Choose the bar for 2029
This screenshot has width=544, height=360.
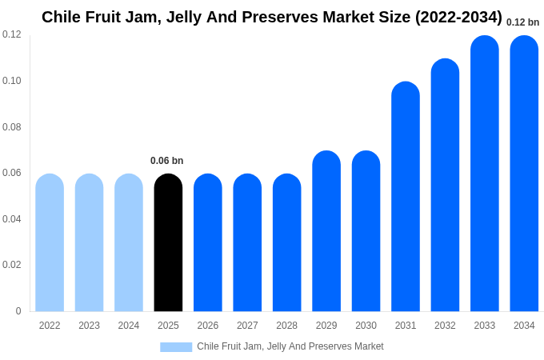326,231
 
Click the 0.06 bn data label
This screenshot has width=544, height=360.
167,161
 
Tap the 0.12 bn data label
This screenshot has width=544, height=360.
523,22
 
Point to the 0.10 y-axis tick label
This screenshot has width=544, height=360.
12,81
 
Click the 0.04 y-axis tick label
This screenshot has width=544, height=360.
12,219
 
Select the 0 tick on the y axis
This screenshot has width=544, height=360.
18,311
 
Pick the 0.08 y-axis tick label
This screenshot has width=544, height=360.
12,127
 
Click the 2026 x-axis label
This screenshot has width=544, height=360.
208,326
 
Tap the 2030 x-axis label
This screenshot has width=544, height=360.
366,326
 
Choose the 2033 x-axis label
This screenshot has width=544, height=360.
485,326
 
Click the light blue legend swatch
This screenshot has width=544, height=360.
176,346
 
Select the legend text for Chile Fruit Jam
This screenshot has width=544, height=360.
290,346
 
